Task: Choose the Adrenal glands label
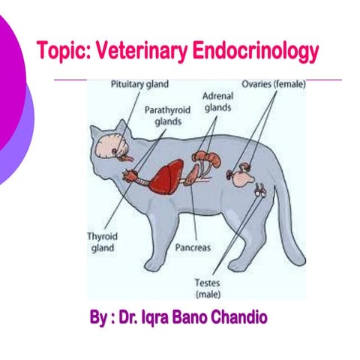pos(219,102)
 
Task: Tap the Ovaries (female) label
pos(273,84)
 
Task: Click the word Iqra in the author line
pos(147,318)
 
